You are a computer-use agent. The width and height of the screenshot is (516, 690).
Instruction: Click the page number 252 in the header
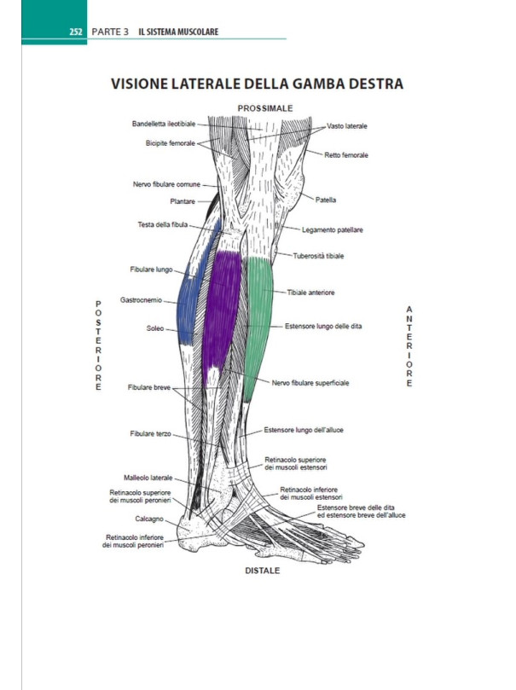click(74, 32)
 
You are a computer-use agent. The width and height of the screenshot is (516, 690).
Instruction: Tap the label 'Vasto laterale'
click(347, 125)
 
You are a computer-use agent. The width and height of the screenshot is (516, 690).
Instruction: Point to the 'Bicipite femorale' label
click(171, 142)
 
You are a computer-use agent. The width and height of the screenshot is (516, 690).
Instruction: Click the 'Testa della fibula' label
click(163, 224)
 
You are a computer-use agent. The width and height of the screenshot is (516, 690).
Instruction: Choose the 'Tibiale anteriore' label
click(310, 293)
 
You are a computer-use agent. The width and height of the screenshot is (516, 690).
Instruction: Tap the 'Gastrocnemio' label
click(142, 299)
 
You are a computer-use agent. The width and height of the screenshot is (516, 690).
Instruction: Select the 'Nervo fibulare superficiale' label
click(310, 383)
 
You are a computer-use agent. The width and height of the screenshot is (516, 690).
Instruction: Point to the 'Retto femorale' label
click(346, 155)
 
